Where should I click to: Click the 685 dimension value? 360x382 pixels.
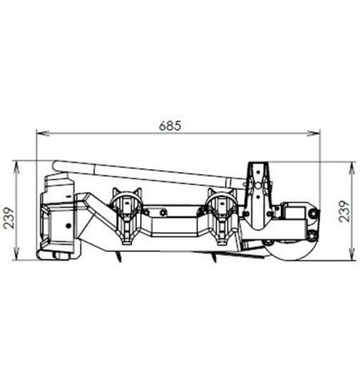tap(170, 125)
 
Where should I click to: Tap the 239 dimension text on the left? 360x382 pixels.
tap(9, 218)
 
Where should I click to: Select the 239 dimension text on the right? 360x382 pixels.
tap(344, 211)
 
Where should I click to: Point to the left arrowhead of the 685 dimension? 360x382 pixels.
tap(42, 133)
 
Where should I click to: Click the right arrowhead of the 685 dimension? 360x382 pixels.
tap(314, 133)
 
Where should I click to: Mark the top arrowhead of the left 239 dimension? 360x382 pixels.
tap(16, 167)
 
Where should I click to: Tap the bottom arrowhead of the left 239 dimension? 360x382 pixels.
tap(16, 253)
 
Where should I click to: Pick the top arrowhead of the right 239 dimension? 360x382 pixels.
tap(352, 168)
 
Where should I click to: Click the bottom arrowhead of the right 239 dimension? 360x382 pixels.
tap(352, 253)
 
